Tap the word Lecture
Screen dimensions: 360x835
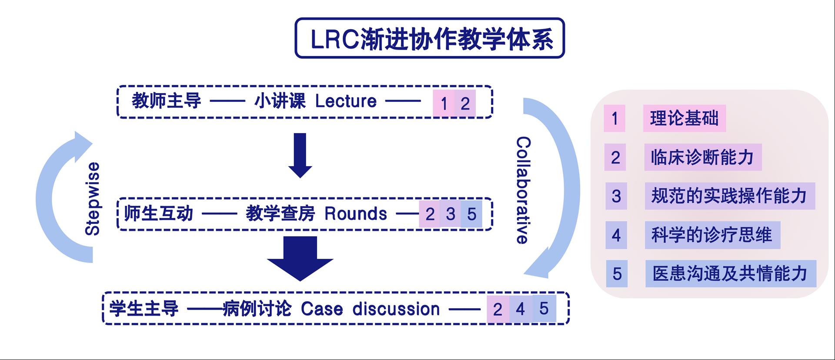[346, 101]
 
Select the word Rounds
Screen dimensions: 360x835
[355, 214]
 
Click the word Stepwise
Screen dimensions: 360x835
[92, 199]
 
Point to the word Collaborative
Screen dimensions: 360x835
[523, 190]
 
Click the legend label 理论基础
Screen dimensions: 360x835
[684, 118]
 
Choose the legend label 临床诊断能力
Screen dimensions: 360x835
[702, 157]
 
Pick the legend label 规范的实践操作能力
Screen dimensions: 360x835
[729, 196]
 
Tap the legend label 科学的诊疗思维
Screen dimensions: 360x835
[712, 235]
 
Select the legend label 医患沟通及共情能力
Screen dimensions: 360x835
[730, 273]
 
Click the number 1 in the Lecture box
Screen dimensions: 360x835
[444, 103]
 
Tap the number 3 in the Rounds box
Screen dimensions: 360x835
[451, 214]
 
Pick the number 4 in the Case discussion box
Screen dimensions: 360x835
[520, 309]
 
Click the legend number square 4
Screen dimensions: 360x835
[616, 235]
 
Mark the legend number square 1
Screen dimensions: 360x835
[614, 118]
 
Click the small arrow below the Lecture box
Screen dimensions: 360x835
[300, 154]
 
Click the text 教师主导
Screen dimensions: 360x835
[166, 101]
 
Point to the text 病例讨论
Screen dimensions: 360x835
[257, 309]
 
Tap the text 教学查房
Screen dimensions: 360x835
[280, 214]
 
